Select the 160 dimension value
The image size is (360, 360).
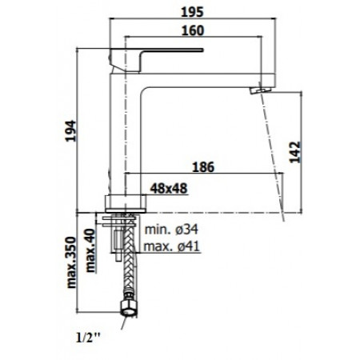[193, 30]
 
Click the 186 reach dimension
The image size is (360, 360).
[204, 169]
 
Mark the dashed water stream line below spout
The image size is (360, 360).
[274, 152]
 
